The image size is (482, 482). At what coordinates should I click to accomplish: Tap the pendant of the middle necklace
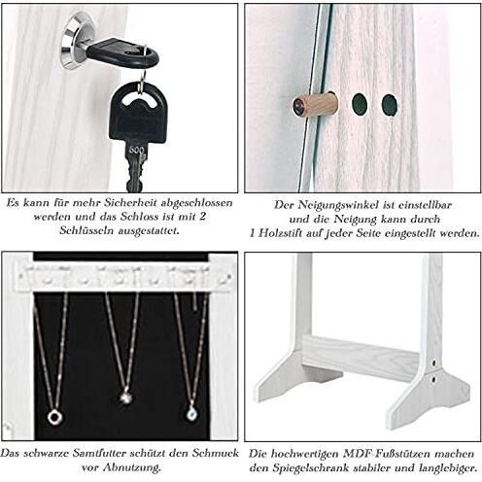(x=125, y=396)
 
